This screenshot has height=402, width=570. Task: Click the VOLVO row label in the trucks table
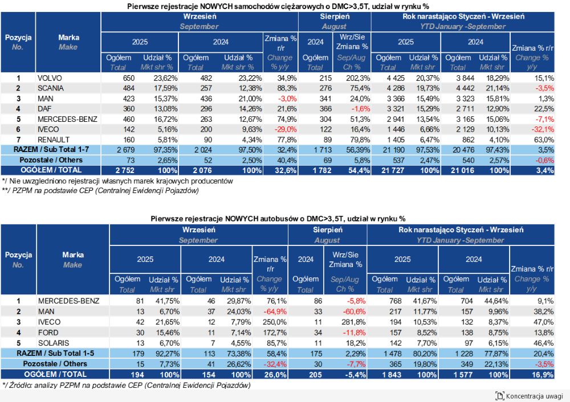pyautogui.click(x=50, y=78)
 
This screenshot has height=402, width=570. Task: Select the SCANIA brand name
pyautogui.click(x=51, y=88)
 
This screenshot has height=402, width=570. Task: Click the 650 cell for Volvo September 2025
pyautogui.click(x=129, y=78)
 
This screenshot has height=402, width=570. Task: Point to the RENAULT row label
pyautogui.click(x=54, y=140)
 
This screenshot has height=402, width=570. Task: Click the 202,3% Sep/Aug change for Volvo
pyautogui.click(x=358, y=78)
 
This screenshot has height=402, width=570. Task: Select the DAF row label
pyautogui.click(x=44, y=109)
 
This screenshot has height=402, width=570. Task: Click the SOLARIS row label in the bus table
pyautogui.click(x=54, y=343)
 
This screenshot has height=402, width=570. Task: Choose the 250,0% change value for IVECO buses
pyautogui.click(x=275, y=322)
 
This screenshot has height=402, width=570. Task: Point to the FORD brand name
pyautogui.click(x=48, y=333)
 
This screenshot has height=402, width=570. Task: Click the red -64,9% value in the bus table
pyautogui.click(x=275, y=311)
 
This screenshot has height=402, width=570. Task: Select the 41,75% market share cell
pyautogui.click(x=168, y=301)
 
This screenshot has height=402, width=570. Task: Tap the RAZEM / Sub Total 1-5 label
pyautogui.click(x=55, y=354)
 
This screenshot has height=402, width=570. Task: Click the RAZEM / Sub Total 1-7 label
pyautogui.click(x=51, y=150)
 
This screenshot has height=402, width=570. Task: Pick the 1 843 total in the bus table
pyautogui.click(x=392, y=375)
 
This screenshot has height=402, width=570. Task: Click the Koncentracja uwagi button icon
pyautogui.click(x=500, y=396)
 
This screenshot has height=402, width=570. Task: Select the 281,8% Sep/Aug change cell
pyautogui.click(x=354, y=322)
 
